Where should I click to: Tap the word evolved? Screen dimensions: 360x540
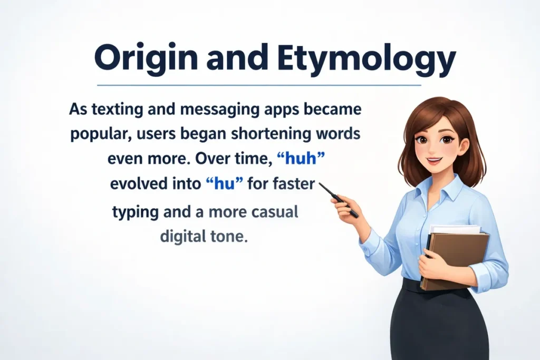(136, 184)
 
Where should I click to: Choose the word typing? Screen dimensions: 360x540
(136, 213)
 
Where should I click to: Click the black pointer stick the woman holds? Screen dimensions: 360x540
(338, 199)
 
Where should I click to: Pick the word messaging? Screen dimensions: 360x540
(193, 111)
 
